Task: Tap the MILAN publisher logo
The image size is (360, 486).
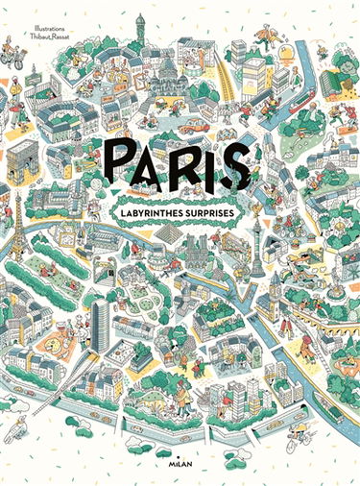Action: pos(180,462)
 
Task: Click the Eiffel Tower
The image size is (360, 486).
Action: pos(17,227)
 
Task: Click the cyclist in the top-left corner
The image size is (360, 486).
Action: pos(13,54)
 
